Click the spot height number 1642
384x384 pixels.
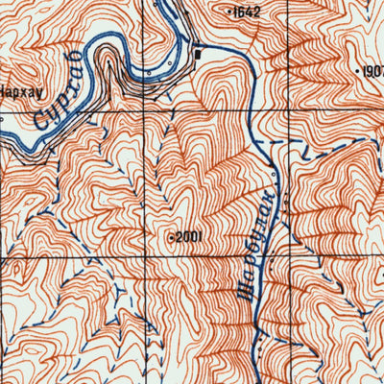(x=247, y=12)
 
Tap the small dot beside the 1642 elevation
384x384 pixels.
(x=229, y=12)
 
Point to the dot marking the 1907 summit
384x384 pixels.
(x=357, y=71)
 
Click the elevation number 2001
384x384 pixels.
(x=188, y=236)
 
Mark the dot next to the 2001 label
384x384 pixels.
(x=171, y=236)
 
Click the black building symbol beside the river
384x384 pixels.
(x=198, y=54)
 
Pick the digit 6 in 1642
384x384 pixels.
(x=244, y=12)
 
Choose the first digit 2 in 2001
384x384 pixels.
(x=179, y=236)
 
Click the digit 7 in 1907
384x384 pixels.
(x=381, y=71)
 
